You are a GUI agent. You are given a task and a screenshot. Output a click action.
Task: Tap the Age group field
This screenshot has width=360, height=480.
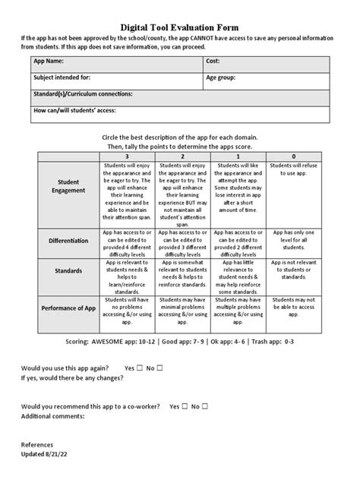(265, 78)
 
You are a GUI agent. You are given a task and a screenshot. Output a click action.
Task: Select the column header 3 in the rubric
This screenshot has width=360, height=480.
(126, 156)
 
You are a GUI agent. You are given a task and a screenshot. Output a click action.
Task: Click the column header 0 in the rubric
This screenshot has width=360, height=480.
(293, 156)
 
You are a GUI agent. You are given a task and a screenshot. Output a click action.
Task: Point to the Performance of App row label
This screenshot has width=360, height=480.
(68, 308)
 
